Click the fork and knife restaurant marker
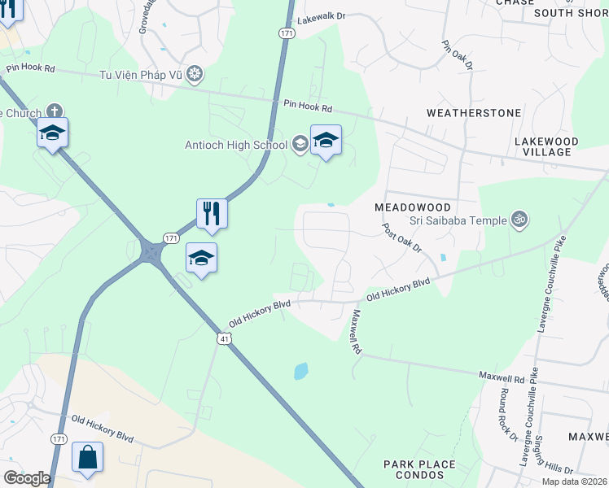[x=212, y=214]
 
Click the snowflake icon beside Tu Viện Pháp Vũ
[x=195, y=76]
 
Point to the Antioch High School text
[x=235, y=145]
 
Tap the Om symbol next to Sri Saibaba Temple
[x=518, y=218]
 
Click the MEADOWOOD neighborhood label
[x=413, y=207]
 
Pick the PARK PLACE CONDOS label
[x=420, y=470]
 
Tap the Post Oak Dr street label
[x=403, y=237]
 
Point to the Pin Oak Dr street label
[x=458, y=56]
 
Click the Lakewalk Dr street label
[x=322, y=17]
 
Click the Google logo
[x=27, y=478]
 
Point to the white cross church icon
[x=55, y=111]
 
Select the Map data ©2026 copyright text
[x=575, y=481]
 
